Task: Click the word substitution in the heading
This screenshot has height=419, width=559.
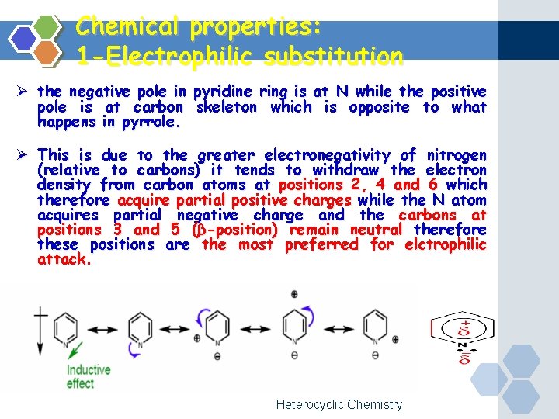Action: pos(333,57)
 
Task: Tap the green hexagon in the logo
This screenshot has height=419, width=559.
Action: pos(47,26)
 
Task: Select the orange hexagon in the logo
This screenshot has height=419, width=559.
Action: pos(47,51)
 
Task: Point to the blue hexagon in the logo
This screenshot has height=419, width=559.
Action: pos(24,38)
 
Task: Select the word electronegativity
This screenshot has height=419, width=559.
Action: pos(307,155)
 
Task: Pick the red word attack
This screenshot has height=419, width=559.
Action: pos(64,260)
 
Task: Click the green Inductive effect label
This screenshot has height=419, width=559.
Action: pos(88,377)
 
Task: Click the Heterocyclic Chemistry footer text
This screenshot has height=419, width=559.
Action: pos(339,404)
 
